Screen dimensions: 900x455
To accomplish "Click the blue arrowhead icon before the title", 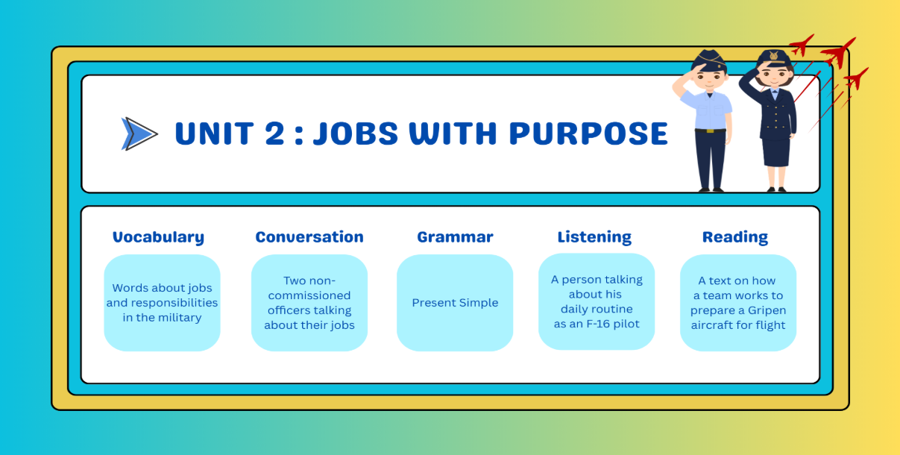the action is coord(139,134).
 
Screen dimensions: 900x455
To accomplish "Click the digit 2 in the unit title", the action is coord(274,133).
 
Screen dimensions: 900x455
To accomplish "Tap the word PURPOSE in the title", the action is coord(588,133).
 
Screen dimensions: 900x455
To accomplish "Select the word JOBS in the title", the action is coord(356,133).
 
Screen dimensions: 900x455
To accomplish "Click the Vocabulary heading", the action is coord(158,237).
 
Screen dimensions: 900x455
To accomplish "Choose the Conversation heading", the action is coord(309,237).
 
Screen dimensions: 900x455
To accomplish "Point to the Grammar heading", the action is coord(456,237).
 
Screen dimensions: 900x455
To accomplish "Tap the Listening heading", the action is coord(594,237).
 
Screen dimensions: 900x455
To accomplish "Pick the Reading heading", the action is coord(735,237).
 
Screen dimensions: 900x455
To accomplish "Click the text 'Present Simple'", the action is coord(455,303).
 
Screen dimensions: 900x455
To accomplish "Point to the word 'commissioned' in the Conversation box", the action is coord(309,295).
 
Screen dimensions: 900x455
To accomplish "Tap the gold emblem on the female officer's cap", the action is coord(773,56).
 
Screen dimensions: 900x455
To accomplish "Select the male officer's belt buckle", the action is coord(710,131).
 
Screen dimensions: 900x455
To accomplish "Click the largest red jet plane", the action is coord(839,51).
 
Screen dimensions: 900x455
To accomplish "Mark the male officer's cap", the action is coord(709,60).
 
